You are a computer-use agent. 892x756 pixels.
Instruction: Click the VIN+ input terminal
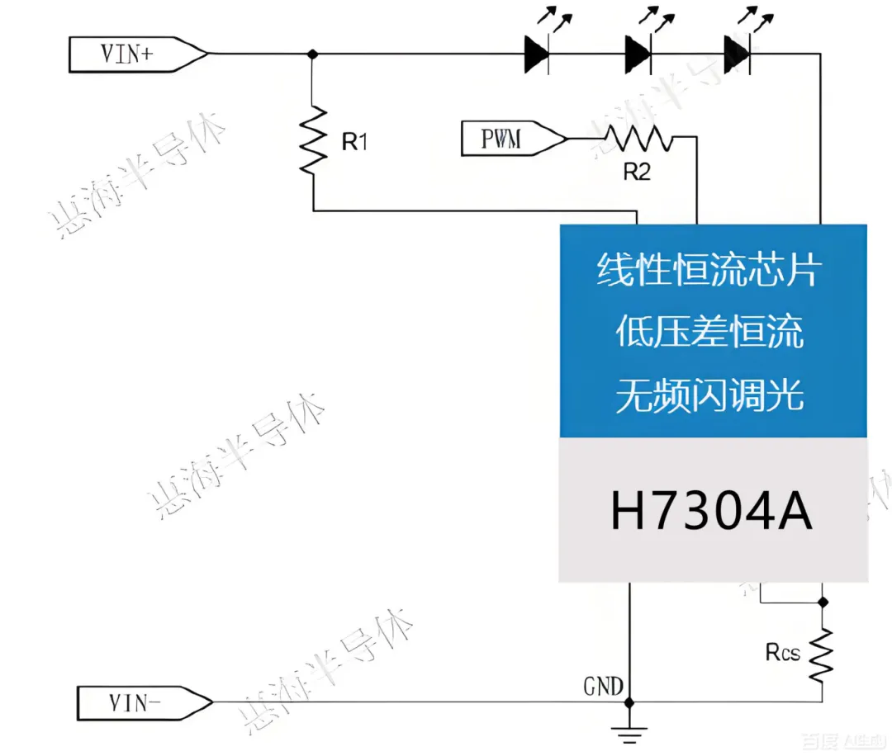coord(136,54)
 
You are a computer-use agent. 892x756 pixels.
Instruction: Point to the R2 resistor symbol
coord(638,139)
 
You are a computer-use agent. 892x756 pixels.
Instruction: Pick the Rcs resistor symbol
coord(822,654)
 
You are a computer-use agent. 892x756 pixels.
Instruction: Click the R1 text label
coord(354,142)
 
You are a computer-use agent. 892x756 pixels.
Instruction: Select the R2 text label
coord(637,172)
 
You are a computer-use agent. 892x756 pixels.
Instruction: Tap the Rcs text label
coord(782,653)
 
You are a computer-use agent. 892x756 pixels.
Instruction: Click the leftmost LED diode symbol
coord(537,54)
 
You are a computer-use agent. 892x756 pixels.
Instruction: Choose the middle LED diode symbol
coord(638,54)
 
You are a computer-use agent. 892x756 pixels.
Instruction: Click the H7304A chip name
coord(712,511)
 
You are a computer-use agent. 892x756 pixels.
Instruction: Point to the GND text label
coord(604,685)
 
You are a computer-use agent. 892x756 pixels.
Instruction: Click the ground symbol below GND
coord(629,729)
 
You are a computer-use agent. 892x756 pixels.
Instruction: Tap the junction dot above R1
coord(312,54)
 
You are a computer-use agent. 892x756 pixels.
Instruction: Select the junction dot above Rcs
coord(822,600)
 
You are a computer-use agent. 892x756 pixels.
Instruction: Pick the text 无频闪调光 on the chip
coord(709,397)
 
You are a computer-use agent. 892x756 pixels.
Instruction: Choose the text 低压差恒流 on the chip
coord(709,333)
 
